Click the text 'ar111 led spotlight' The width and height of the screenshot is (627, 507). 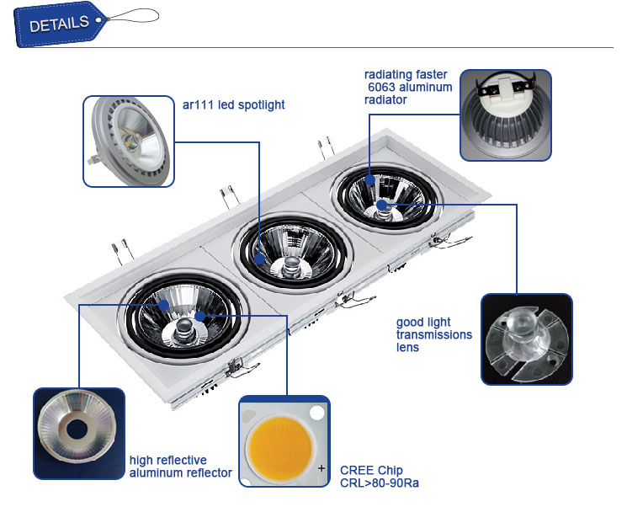coord(233,105)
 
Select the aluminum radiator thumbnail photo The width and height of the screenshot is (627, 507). coord(505,115)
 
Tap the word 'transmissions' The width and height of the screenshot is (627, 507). coord(433,334)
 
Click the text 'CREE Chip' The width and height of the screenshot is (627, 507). coord(371,470)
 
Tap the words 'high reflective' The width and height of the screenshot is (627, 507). coord(167,460)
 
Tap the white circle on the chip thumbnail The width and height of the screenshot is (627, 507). coord(316,413)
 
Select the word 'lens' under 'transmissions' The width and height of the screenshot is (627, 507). coord(407,347)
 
